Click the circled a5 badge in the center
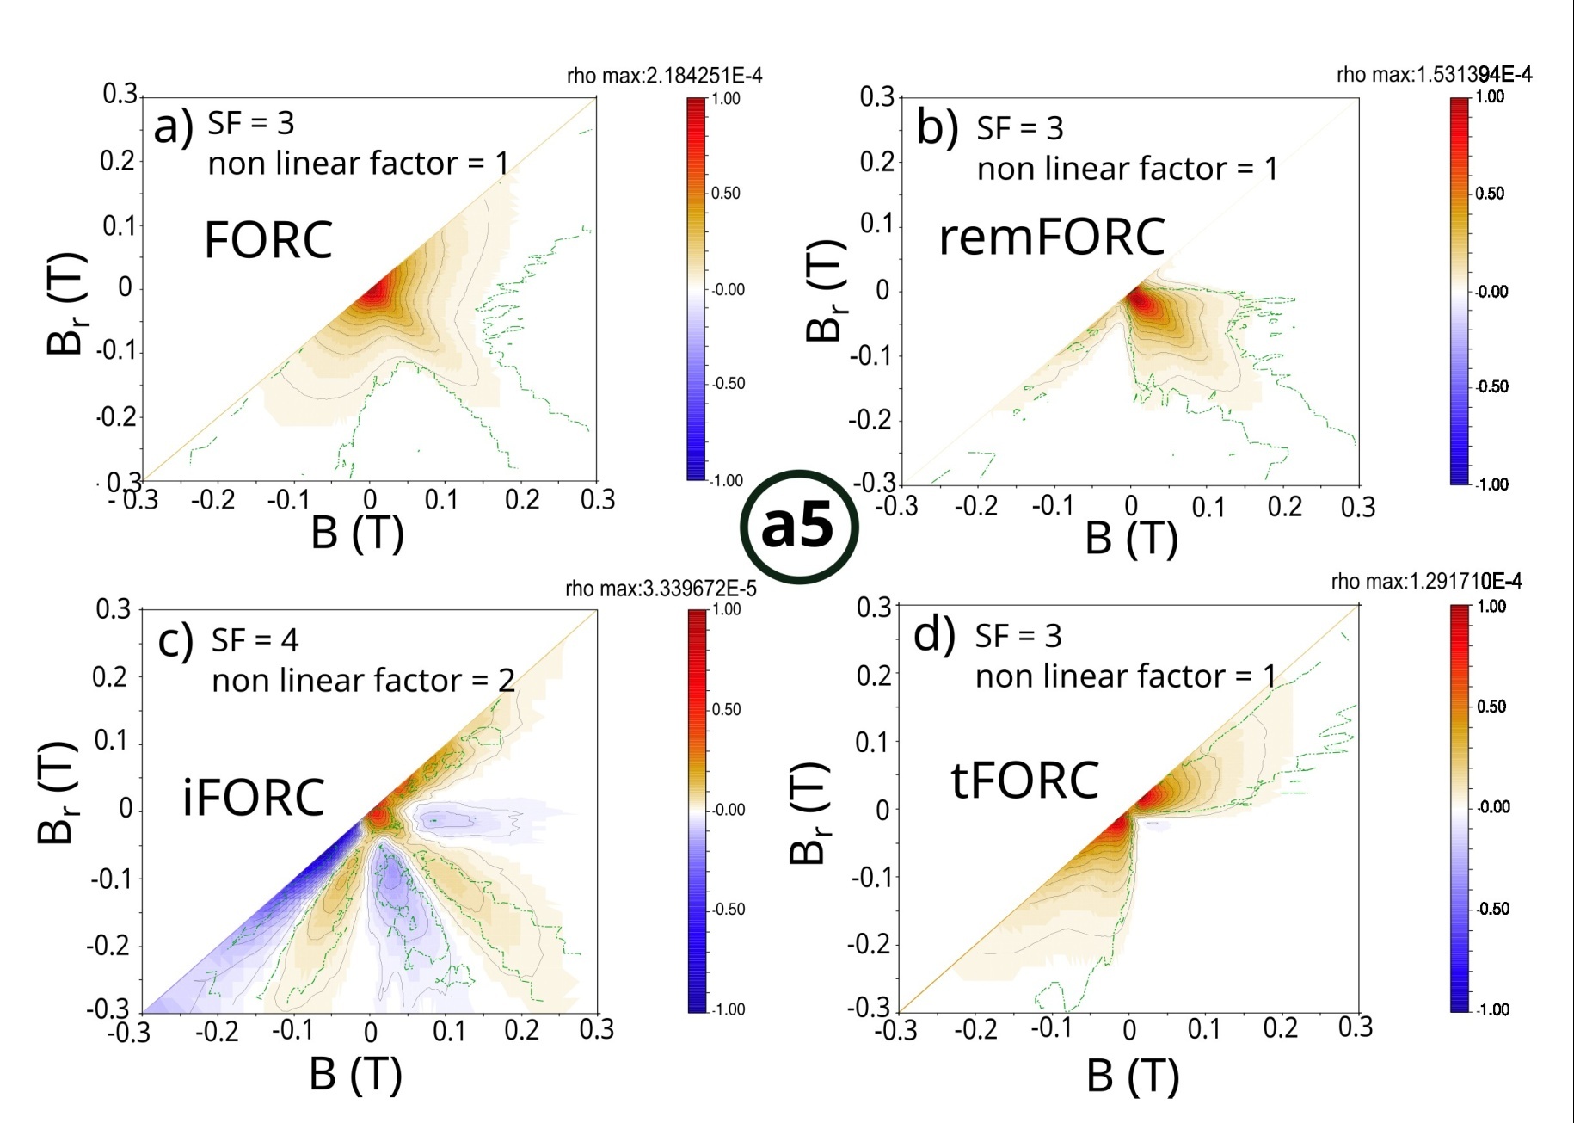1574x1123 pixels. [x=799, y=526]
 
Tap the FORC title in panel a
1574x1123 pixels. [x=267, y=240]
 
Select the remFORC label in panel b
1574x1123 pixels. [x=1051, y=237]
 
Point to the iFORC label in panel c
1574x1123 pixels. [x=253, y=797]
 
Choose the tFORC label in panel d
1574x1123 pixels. [x=1024, y=781]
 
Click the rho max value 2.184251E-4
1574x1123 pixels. [x=664, y=77]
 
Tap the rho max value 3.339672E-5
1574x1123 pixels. [x=661, y=589]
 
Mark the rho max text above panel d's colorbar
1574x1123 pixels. [x=1426, y=583]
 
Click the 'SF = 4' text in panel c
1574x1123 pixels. [x=255, y=640]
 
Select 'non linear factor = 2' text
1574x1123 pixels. [x=363, y=681]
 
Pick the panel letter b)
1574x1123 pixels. [x=937, y=127]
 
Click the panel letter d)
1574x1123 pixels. [x=934, y=635]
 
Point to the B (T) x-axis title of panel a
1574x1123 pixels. [x=357, y=533]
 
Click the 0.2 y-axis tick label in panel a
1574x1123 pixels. [x=118, y=161]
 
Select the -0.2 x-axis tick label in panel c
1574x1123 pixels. [x=217, y=1030]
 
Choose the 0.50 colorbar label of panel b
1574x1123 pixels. [x=1490, y=194]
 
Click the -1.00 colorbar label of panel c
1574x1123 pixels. [x=727, y=1009]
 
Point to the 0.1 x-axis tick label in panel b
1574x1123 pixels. [x=1208, y=508]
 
